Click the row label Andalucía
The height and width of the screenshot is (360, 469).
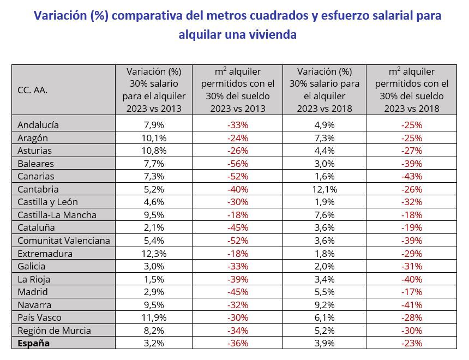(x=38, y=124)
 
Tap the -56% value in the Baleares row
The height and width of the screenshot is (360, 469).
(x=237, y=163)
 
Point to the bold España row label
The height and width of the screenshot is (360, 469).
(x=34, y=343)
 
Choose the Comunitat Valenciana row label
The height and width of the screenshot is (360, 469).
(x=64, y=241)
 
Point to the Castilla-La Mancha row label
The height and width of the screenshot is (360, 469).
(x=57, y=215)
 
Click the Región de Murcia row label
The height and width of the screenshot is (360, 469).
(x=55, y=331)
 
